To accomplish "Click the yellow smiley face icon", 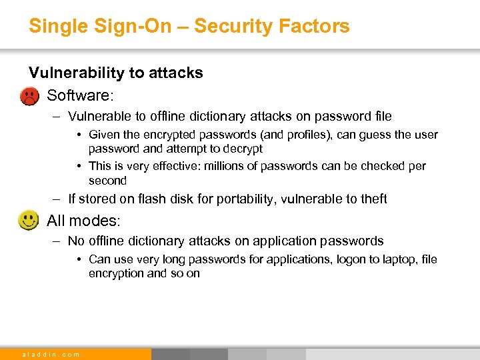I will coord(28,220).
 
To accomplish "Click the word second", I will coord(107,181).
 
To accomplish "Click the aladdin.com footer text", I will coord(51,354).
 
